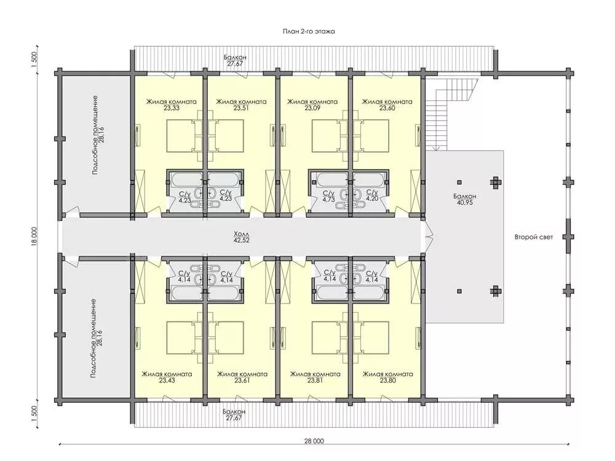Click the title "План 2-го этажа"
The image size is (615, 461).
pos(309,31)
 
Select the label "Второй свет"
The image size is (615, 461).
pos(534,237)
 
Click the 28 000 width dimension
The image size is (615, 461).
pos(314,441)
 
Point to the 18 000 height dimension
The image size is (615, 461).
pos(34,237)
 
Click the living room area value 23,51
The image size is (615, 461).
pos(242,108)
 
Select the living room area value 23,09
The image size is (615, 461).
pos(312,108)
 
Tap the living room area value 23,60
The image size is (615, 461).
pos(387,108)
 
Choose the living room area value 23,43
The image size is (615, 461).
pos(167,380)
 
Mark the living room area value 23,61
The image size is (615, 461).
pos(242,380)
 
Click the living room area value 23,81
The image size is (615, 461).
pos(315,380)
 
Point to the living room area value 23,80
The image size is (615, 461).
pos(388,380)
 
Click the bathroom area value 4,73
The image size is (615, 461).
pos(328,200)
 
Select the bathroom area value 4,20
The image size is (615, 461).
pos(372,199)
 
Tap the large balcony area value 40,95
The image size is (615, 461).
pos(465,202)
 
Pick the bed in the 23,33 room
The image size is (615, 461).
pos(181,136)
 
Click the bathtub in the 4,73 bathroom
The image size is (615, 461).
pos(332,180)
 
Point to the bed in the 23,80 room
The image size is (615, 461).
pos(371,337)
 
